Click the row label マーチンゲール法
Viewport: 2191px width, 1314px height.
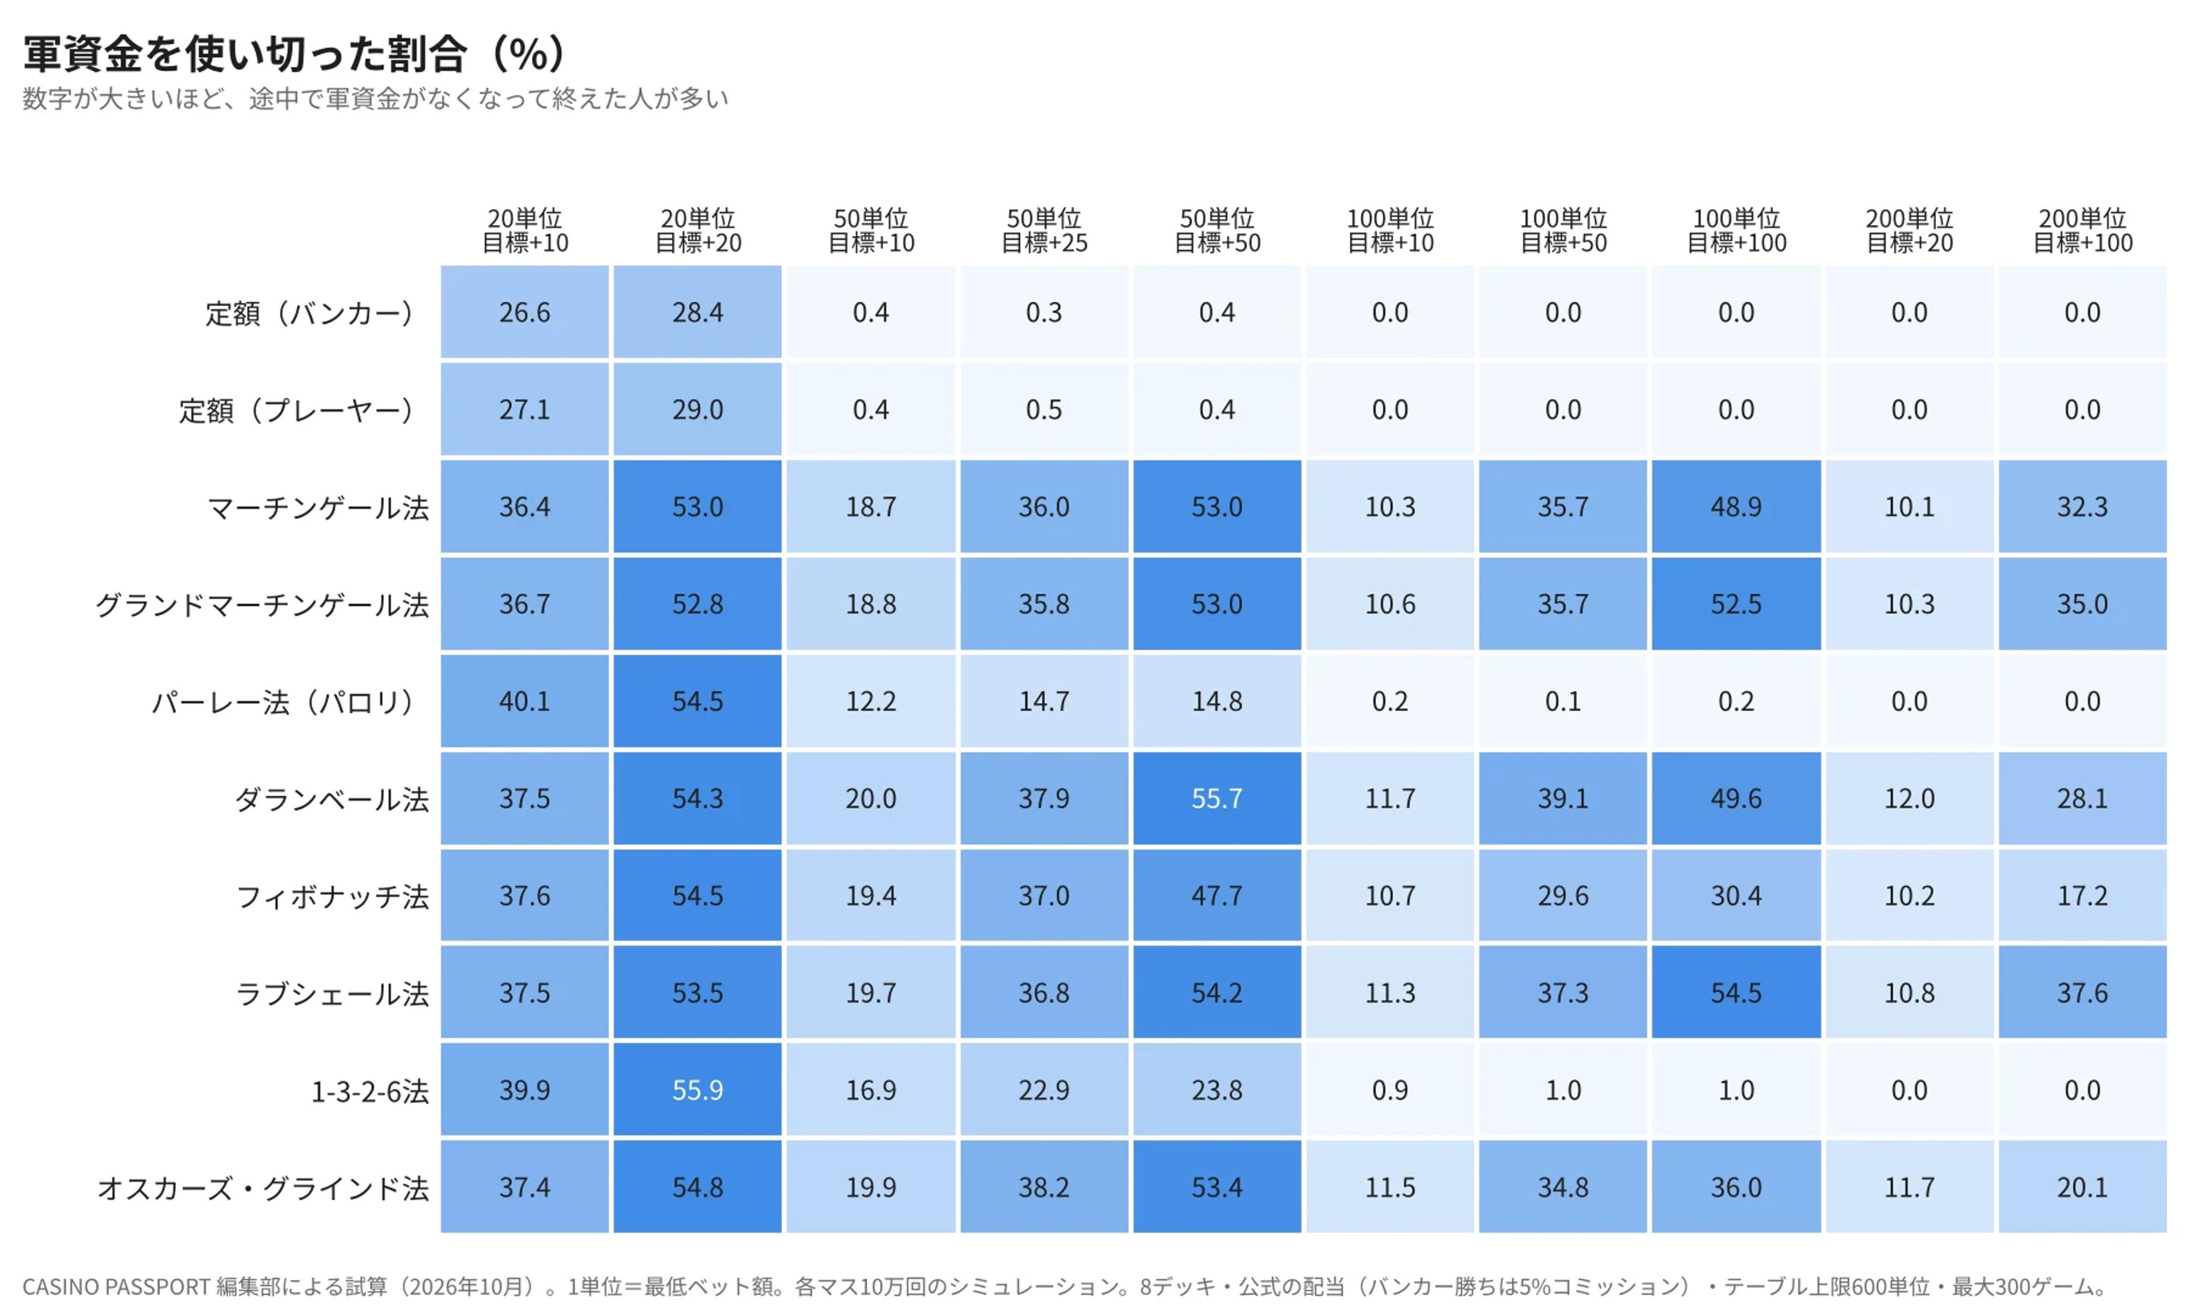pyautogui.click(x=318, y=508)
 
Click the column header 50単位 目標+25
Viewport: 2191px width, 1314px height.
pyautogui.click(x=1044, y=230)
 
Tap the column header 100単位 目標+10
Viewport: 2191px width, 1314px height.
pyautogui.click(x=1390, y=230)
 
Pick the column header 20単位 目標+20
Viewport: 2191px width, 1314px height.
pyautogui.click(x=698, y=230)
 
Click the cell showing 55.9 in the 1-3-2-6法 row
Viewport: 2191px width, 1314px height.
pyautogui.click(x=698, y=1089)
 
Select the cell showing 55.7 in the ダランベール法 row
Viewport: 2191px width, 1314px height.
pyautogui.click(x=1217, y=798)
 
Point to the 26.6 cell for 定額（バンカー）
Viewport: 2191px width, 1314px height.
pyautogui.click(x=525, y=312)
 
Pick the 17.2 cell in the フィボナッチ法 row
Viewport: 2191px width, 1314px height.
pyautogui.click(x=2083, y=895)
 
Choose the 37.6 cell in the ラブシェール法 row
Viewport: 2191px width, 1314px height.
pyautogui.click(x=2083, y=992)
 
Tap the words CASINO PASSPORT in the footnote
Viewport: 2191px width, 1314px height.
pyautogui.click(x=116, y=1287)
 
